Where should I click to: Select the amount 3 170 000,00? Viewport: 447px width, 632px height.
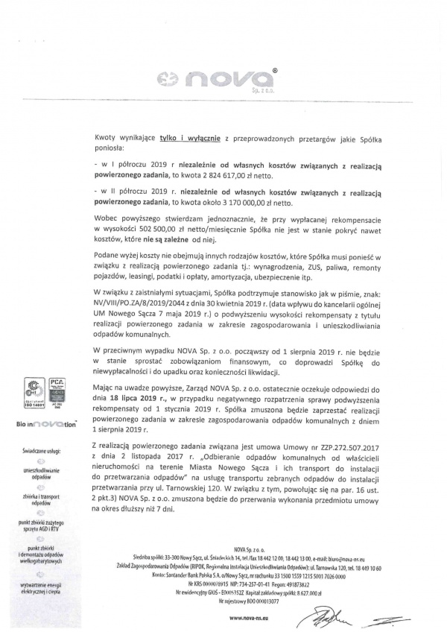coord(228,201)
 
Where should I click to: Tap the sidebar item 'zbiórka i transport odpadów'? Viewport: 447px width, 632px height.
coord(45,499)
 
